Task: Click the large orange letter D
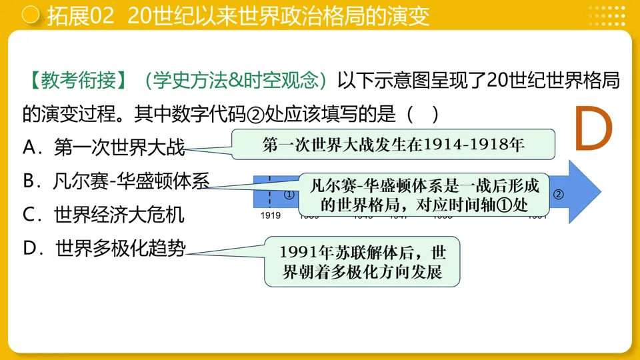click(x=593, y=129)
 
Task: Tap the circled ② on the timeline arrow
click(x=559, y=195)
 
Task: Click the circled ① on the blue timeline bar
click(x=289, y=195)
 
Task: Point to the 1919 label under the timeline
click(x=271, y=215)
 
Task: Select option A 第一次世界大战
click(x=104, y=148)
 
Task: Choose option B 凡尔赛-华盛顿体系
click(x=116, y=181)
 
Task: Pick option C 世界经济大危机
click(x=103, y=215)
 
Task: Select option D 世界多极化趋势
click(x=104, y=248)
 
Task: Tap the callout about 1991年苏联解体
click(x=363, y=262)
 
